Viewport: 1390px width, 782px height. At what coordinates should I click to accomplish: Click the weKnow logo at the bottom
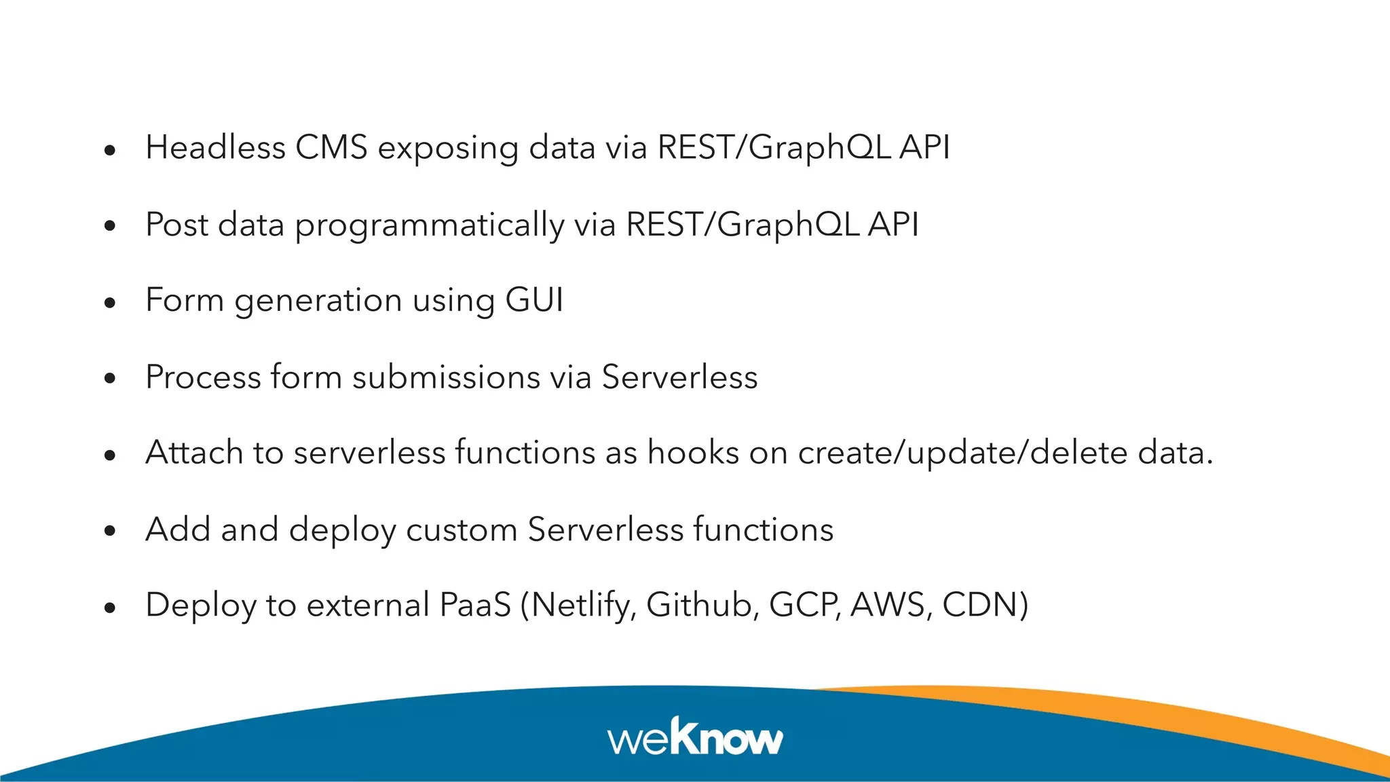(695, 737)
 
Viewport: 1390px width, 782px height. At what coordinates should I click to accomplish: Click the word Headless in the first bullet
(215, 147)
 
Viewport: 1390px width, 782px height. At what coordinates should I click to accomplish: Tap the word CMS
(331, 147)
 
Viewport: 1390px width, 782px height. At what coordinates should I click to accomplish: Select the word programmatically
(429, 225)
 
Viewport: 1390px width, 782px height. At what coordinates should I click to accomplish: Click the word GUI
(534, 300)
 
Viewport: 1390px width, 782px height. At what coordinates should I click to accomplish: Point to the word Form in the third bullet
(184, 300)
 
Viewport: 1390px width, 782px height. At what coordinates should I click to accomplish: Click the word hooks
(692, 453)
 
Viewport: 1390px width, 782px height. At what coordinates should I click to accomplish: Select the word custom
(462, 530)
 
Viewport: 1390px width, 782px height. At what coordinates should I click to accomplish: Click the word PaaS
(475, 605)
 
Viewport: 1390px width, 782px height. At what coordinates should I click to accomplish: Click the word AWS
(888, 605)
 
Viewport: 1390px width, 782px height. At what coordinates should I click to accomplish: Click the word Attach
(194, 453)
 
